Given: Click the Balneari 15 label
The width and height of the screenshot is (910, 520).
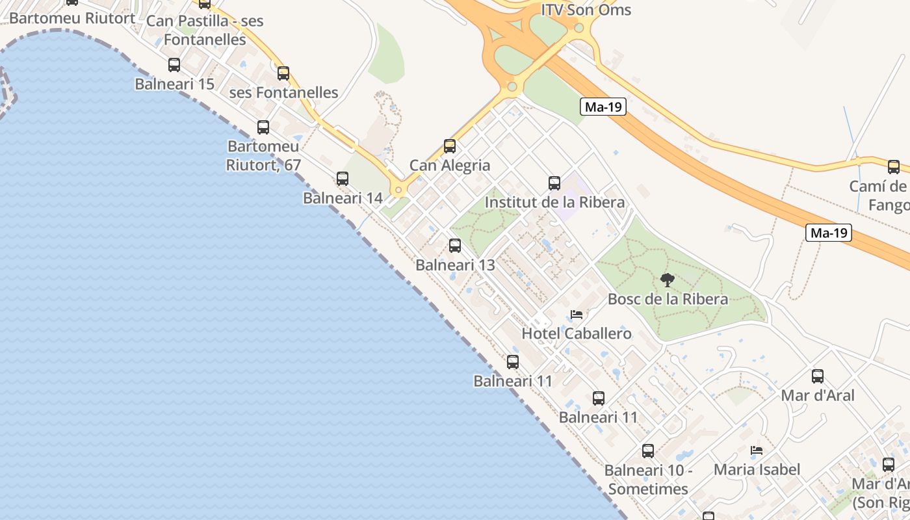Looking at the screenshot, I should (x=174, y=84).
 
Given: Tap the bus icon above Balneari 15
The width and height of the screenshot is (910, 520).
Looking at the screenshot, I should (x=174, y=65).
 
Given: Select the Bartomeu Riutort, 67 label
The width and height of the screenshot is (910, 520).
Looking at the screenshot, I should (x=263, y=155).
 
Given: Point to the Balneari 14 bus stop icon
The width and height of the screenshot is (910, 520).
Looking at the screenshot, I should (x=343, y=179).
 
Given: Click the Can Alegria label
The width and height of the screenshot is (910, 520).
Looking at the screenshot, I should (x=450, y=165).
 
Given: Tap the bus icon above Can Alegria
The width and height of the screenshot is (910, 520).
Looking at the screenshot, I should (x=450, y=146).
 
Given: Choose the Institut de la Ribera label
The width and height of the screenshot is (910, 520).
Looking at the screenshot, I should (x=554, y=202).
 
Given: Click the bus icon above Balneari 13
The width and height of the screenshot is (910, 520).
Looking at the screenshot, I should (x=455, y=246).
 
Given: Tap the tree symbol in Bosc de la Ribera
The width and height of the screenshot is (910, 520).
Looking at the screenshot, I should (x=668, y=280).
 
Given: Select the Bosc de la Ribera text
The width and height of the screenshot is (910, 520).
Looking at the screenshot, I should (x=668, y=299).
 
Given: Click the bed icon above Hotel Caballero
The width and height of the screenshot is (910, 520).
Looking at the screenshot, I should (x=577, y=315).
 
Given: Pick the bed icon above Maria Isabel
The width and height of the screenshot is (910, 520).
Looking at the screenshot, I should (x=757, y=450).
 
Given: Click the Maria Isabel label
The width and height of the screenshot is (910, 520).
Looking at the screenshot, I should (x=757, y=469).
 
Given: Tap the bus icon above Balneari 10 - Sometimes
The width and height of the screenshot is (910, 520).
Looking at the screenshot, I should (x=648, y=451).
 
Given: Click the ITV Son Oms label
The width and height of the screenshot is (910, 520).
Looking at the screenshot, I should (x=586, y=10).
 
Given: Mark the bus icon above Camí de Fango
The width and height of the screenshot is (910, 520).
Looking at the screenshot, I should (x=894, y=167).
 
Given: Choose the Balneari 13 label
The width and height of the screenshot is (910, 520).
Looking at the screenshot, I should (x=455, y=265).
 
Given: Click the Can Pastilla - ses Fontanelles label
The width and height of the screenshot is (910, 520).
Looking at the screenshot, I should (x=205, y=30).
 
